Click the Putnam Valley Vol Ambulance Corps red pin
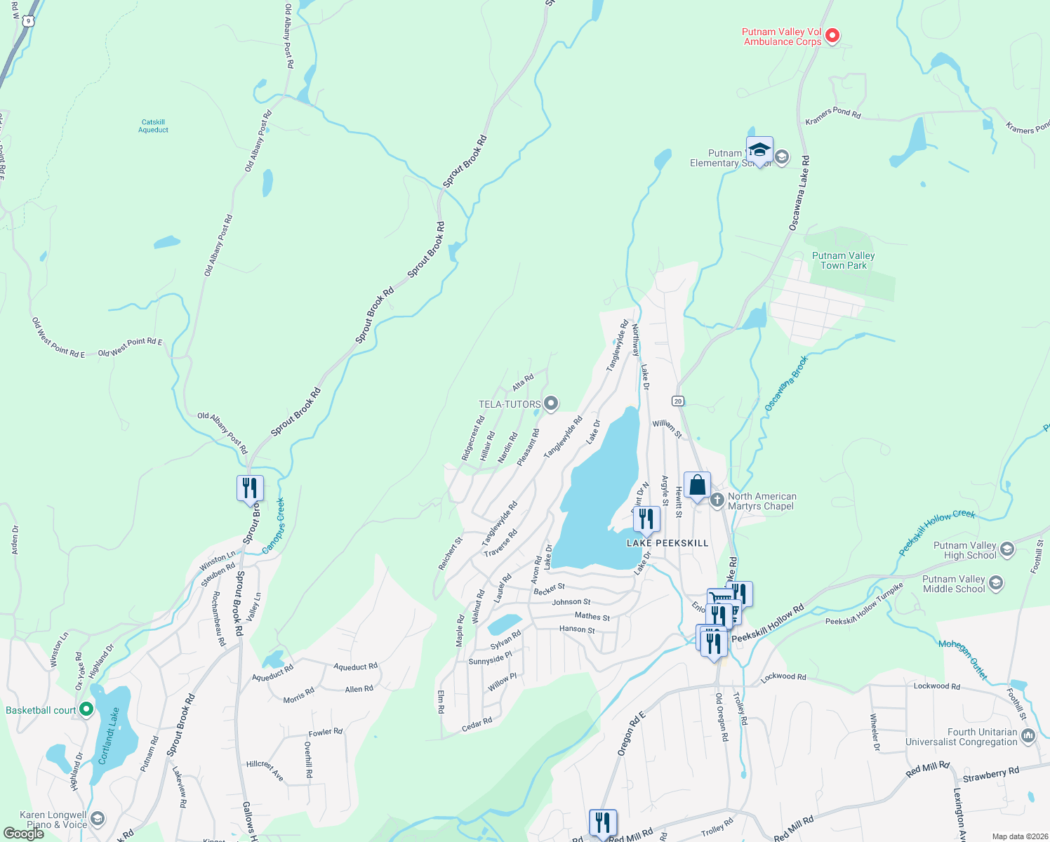832,35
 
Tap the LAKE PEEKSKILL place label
667,543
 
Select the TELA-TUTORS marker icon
551,403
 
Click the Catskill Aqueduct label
153,126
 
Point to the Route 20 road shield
677,401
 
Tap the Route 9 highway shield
27,21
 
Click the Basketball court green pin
86,709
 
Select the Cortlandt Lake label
109,736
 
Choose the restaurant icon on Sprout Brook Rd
250,487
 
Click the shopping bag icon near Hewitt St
697,485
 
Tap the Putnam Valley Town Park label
843,260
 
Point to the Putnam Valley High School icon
1007,549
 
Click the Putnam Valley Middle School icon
996,583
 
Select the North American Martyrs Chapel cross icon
717,500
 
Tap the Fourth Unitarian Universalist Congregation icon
1028,735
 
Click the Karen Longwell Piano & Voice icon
98,819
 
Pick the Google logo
24,834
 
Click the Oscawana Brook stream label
786,383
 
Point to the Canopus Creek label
274,526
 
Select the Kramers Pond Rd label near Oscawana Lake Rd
832,116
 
